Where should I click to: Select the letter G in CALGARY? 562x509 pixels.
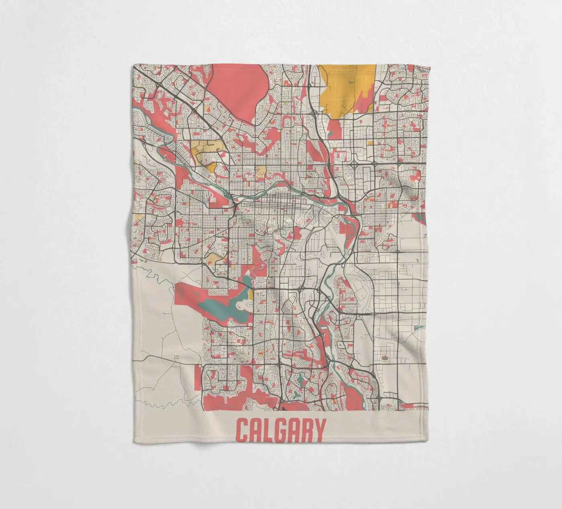click(282, 430)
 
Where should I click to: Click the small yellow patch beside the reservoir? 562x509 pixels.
click(250, 294)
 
